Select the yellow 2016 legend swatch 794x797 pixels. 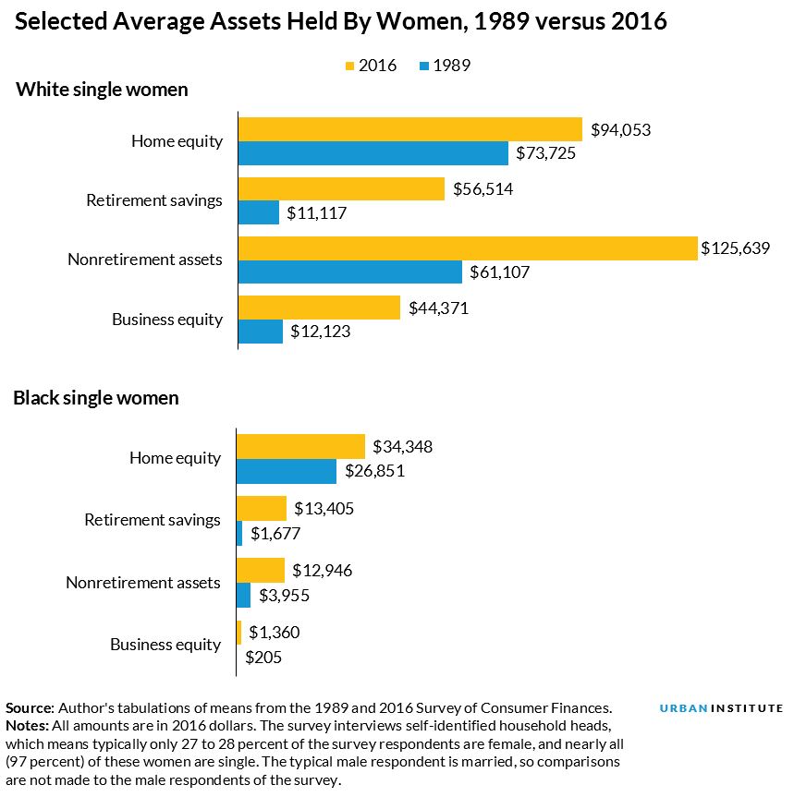coord(350,66)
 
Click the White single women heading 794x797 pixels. coord(103,91)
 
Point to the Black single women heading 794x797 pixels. coord(96,399)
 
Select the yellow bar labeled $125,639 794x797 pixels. coord(468,248)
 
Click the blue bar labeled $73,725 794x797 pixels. coord(373,153)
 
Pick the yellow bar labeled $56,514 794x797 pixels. coord(342,189)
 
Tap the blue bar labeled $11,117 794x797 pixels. coord(259,212)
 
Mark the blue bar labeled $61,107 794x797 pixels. coord(350,272)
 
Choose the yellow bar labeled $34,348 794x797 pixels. coord(301,447)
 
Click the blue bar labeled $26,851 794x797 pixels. coord(287,471)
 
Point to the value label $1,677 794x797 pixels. coord(275,533)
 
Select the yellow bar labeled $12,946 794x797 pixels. coord(261,570)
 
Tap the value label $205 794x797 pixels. coord(263,658)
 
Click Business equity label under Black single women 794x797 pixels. coord(165,645)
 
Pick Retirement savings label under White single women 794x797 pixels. coord(154,200)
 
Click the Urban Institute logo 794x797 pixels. coord(721,708)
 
